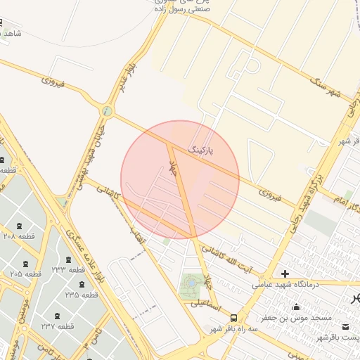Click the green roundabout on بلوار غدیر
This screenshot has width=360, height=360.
(x=106, y=111)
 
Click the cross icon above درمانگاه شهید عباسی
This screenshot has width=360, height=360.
(x=285, y=274)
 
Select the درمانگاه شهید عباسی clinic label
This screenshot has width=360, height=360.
(x=305, y=284)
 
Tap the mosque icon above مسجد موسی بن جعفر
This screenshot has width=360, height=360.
(x=296, y=307)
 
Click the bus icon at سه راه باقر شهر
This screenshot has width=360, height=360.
(x=243, y=318)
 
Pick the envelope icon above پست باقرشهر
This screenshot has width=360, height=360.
(x=346, y=327)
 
